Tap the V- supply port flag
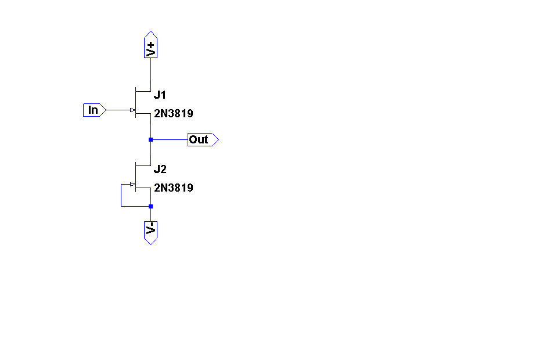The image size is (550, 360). (x=150, y=231)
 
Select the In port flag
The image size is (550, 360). (x=94, y=110)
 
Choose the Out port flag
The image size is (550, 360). (x=202, y=139)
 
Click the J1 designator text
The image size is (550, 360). (x=160, y=95)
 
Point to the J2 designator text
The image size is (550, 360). (x=160, y=170)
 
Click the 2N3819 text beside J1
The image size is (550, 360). (x=173, y=114)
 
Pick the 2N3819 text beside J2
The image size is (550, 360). (x=173, y=188)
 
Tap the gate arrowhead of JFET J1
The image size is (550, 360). (x=132, y=110)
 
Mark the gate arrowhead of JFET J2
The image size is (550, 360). (x=132, y=185)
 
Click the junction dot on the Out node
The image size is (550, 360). (x=150, y=139)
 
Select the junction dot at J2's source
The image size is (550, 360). (x=150, y=206)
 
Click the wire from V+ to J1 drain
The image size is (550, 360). (x=150, y=73)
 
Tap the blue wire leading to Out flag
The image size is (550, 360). (x=170, y=139)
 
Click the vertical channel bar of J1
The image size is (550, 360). (x=135, y=102)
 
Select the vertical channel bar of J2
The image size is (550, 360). (x=135, y=177)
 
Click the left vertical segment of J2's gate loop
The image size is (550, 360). (x=121, y=195)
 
